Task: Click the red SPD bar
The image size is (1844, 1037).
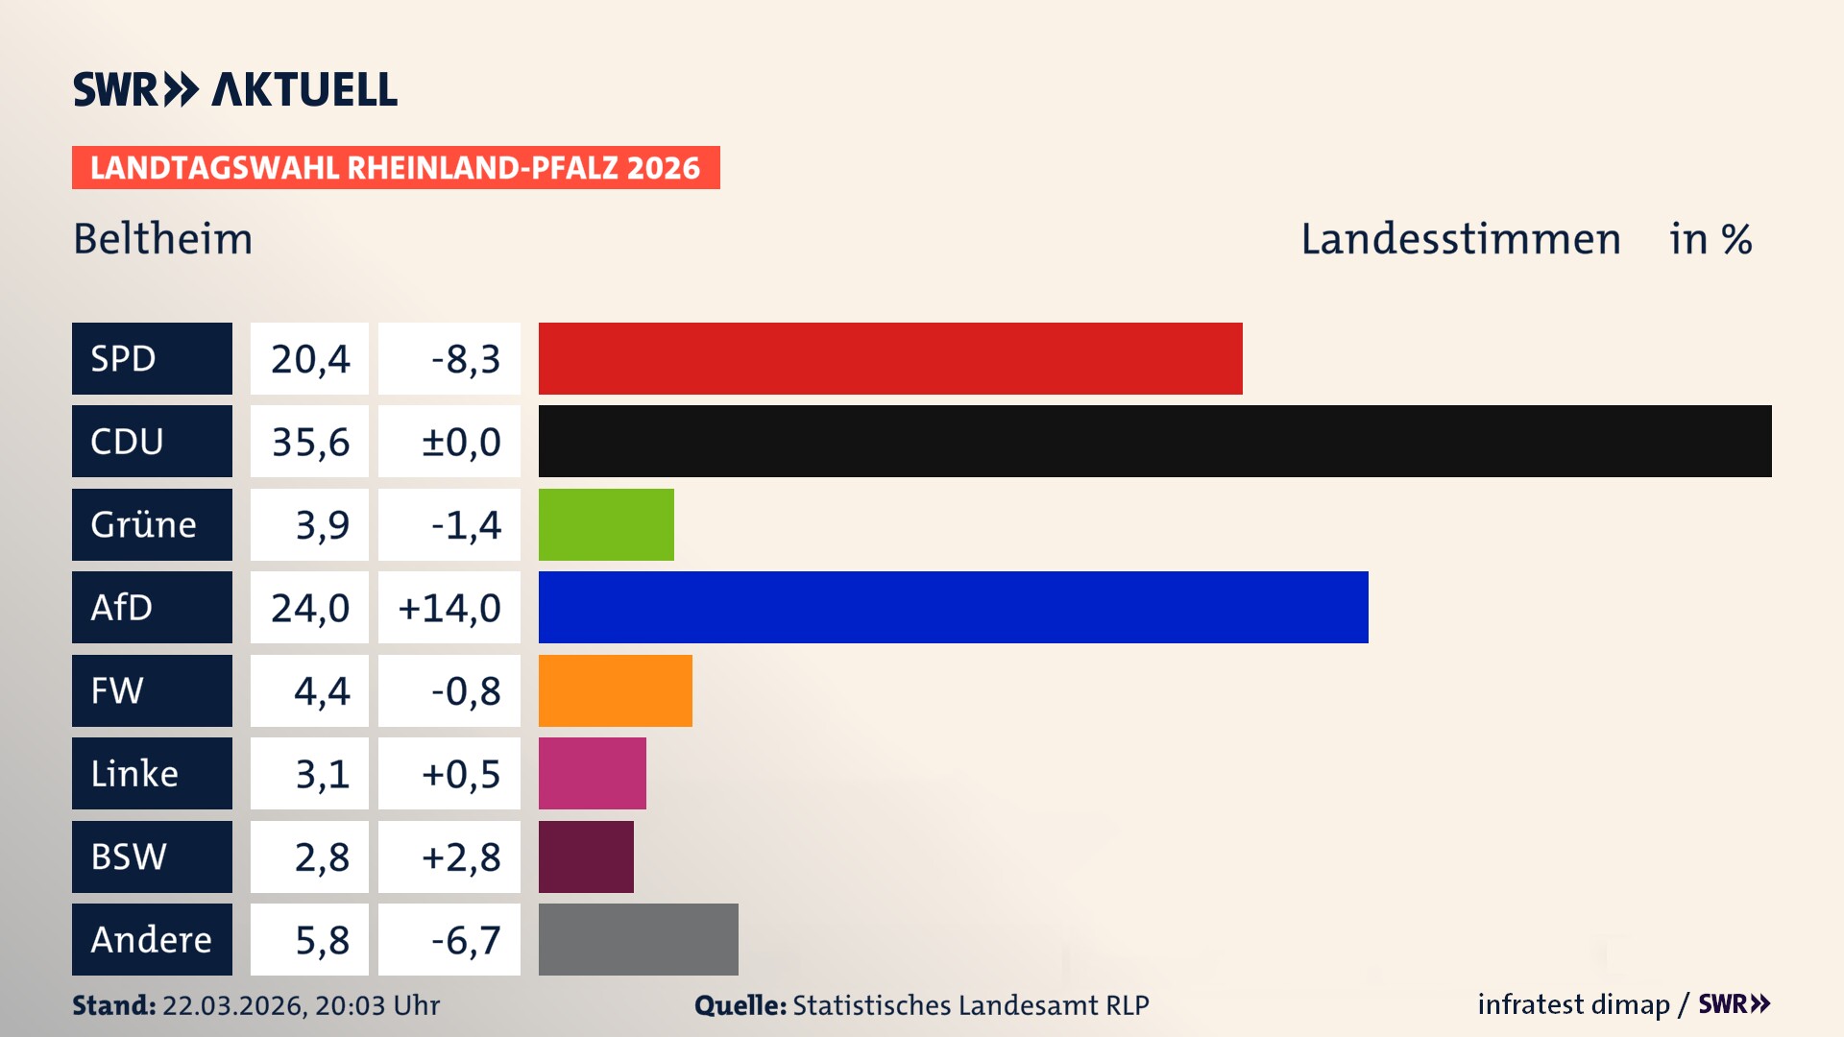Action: [x=890, y=358]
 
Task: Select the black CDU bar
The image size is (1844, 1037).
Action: [x=1154, y=442]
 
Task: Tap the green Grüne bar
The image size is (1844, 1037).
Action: [x=606, y=524]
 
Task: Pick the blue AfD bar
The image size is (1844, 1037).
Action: [x=953, y=607]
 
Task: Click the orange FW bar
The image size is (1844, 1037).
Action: [x=615, y=690]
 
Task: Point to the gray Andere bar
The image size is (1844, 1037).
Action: [x=638, y=939]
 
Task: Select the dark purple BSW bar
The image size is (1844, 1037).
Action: [x=586, y=856]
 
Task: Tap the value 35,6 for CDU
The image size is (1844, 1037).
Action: [x=309, y=442]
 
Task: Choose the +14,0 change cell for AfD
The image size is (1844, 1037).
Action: [x=449, y=607]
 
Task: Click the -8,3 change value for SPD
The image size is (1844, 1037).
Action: [x=465, y=358]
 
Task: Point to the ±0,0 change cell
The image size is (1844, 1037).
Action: [x=460, y=442]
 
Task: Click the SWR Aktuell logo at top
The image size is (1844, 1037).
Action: [x=234, y=89]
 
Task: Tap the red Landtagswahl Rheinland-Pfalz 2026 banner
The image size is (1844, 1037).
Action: [x=395, y=168]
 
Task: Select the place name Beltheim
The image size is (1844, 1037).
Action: [x=162, y=238]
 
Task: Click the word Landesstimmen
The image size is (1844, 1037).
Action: [x=1460, y=238]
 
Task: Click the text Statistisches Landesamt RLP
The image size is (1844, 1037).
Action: [x=970, y=1005]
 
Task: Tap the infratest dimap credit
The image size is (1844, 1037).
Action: [x=1572, y=1004]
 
